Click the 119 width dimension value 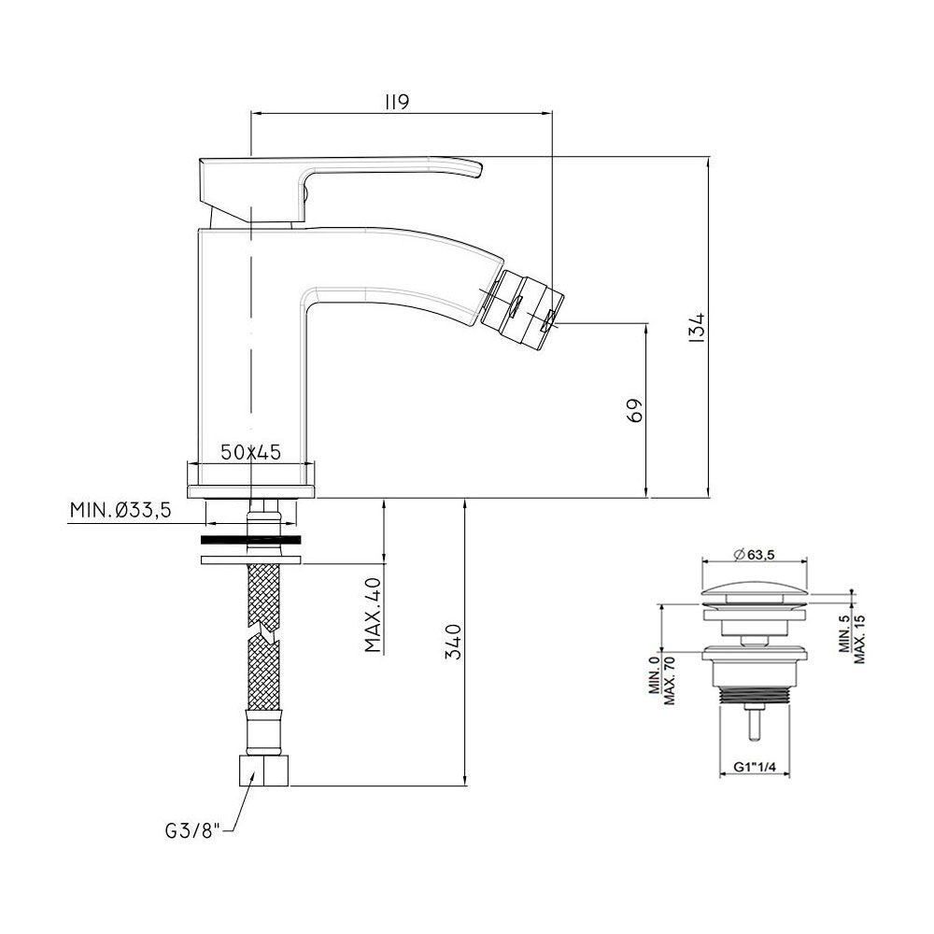click(x=397, y=102)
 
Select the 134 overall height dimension click(x=698, y=326)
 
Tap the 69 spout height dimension click(x=635, y=410)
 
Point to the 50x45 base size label click(x=250, y=452)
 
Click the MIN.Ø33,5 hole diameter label click(x=120, y=510)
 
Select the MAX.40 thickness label click(x=373, y=615)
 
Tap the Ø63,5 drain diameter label click(x=754, y=555)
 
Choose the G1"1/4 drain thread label click(x=754, y=767)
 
